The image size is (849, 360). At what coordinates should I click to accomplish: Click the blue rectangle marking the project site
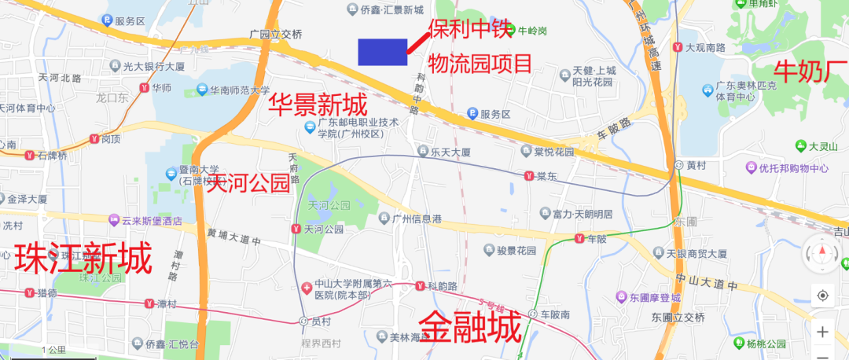[x=382, y=51]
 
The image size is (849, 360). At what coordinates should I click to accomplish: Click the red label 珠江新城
[x=83, y=258]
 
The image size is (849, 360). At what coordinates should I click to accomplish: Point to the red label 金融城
[x=470, y=326]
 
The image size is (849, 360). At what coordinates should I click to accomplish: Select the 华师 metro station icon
[x=144, y=88]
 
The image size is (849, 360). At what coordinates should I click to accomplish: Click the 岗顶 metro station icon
[x=95, y=139]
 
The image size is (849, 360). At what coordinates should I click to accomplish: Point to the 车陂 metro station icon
[x=579, y=238]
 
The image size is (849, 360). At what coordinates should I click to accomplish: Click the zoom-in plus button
[x=822, y=332]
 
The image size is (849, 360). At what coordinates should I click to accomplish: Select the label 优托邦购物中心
[x=793, y=168]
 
